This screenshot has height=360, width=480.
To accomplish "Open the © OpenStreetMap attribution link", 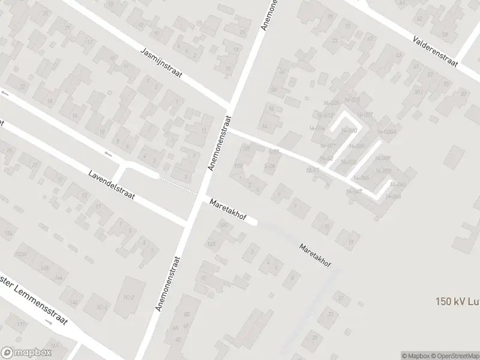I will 456,355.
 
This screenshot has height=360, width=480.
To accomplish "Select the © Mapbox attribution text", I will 417,355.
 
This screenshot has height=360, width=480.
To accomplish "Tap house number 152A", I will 22,254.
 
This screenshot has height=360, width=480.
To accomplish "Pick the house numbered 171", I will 22,325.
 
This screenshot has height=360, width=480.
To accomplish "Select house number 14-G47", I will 354,191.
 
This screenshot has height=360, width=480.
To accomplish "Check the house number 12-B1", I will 312,170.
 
